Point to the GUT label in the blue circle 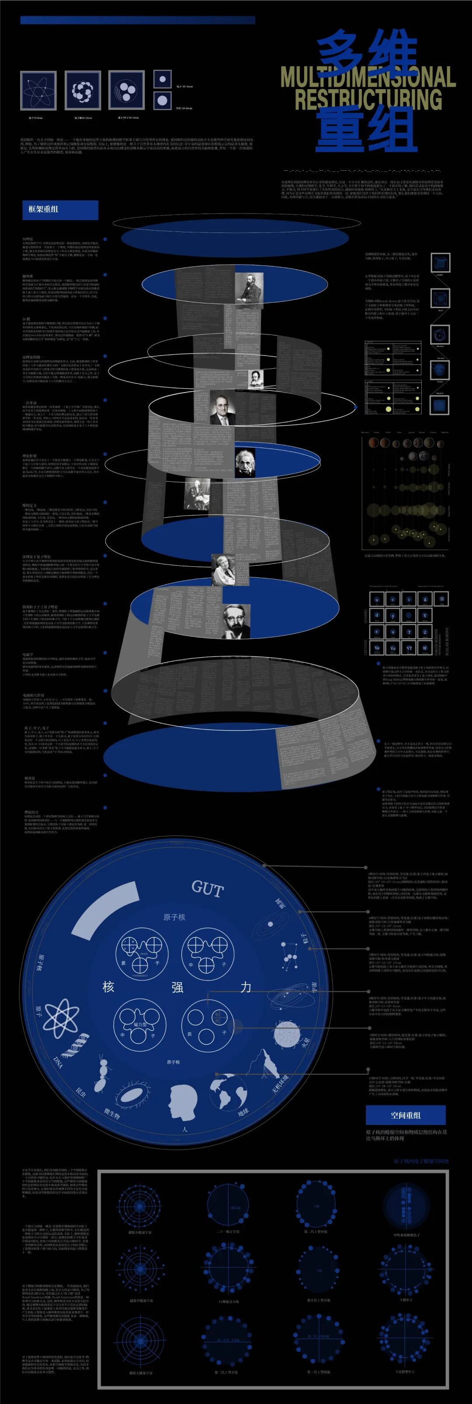[x=207, y=888]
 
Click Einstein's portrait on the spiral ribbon [x=245, y=463]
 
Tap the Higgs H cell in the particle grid [x=442, y=599]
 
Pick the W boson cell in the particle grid [x=425, y=648]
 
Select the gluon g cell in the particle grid [x=425, y=600]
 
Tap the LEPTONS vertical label [x=366, y=648]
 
